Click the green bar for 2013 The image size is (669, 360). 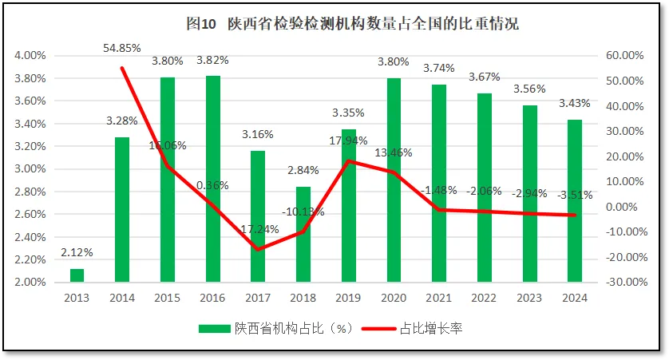pyautogui.click(x=77, y=275)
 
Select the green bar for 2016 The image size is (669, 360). pyautogui.click(x=213, y=179)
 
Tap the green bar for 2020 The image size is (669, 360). pyautogui.click(x=394, y=180)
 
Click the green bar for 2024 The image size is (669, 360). pyautogui.click(x=575, y=200)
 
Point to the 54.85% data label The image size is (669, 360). pyautogui.click(x=122, y=49)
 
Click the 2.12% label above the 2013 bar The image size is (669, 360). pyautogui.click(x=77, y=252)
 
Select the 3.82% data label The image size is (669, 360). pyautogui.click(x=213, y=60)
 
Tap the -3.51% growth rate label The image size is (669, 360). pyautogui.click(x=575, y=196)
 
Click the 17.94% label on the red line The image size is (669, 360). pyautogui.click(x=348, y=140)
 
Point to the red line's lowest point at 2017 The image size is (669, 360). pyautogui.click(x=258, y=249)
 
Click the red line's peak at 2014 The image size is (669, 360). pyautogui.click(x=122, y=68)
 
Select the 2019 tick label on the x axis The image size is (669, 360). pyautogui.click(x=348, y=298)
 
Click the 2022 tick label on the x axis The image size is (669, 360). pyautogui.click(x=484, y=298)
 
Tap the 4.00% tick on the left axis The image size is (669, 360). pyautogui.click(x=30, y=56)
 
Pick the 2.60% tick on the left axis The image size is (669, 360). pyautogui.click(x=30, y=215)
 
